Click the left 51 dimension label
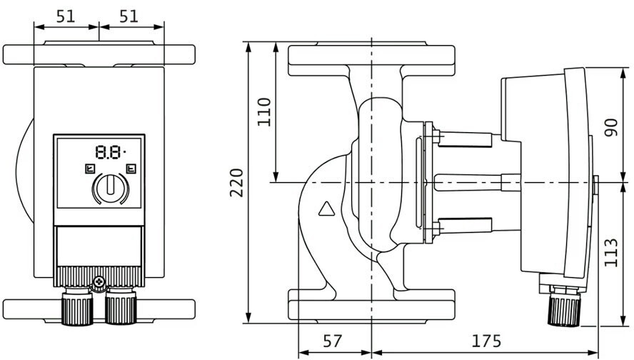pos(66,16)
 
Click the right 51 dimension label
pos(129,16)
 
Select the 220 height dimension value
pos(236,182)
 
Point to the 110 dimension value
pos(264,112)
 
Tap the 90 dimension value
pos(610,127)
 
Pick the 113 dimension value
pos(610,253)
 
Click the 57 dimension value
pos(333,341)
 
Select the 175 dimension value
pos(486,341)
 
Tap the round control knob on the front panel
pos(111,188)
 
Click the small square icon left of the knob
pos(90,169)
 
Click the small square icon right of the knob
pos(131,169)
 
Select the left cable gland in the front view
pos(77,306)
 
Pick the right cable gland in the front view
pos(121,306)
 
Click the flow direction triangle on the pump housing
pos(327,209)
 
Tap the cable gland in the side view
pos(564,306)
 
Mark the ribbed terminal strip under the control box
pos(99,276)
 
